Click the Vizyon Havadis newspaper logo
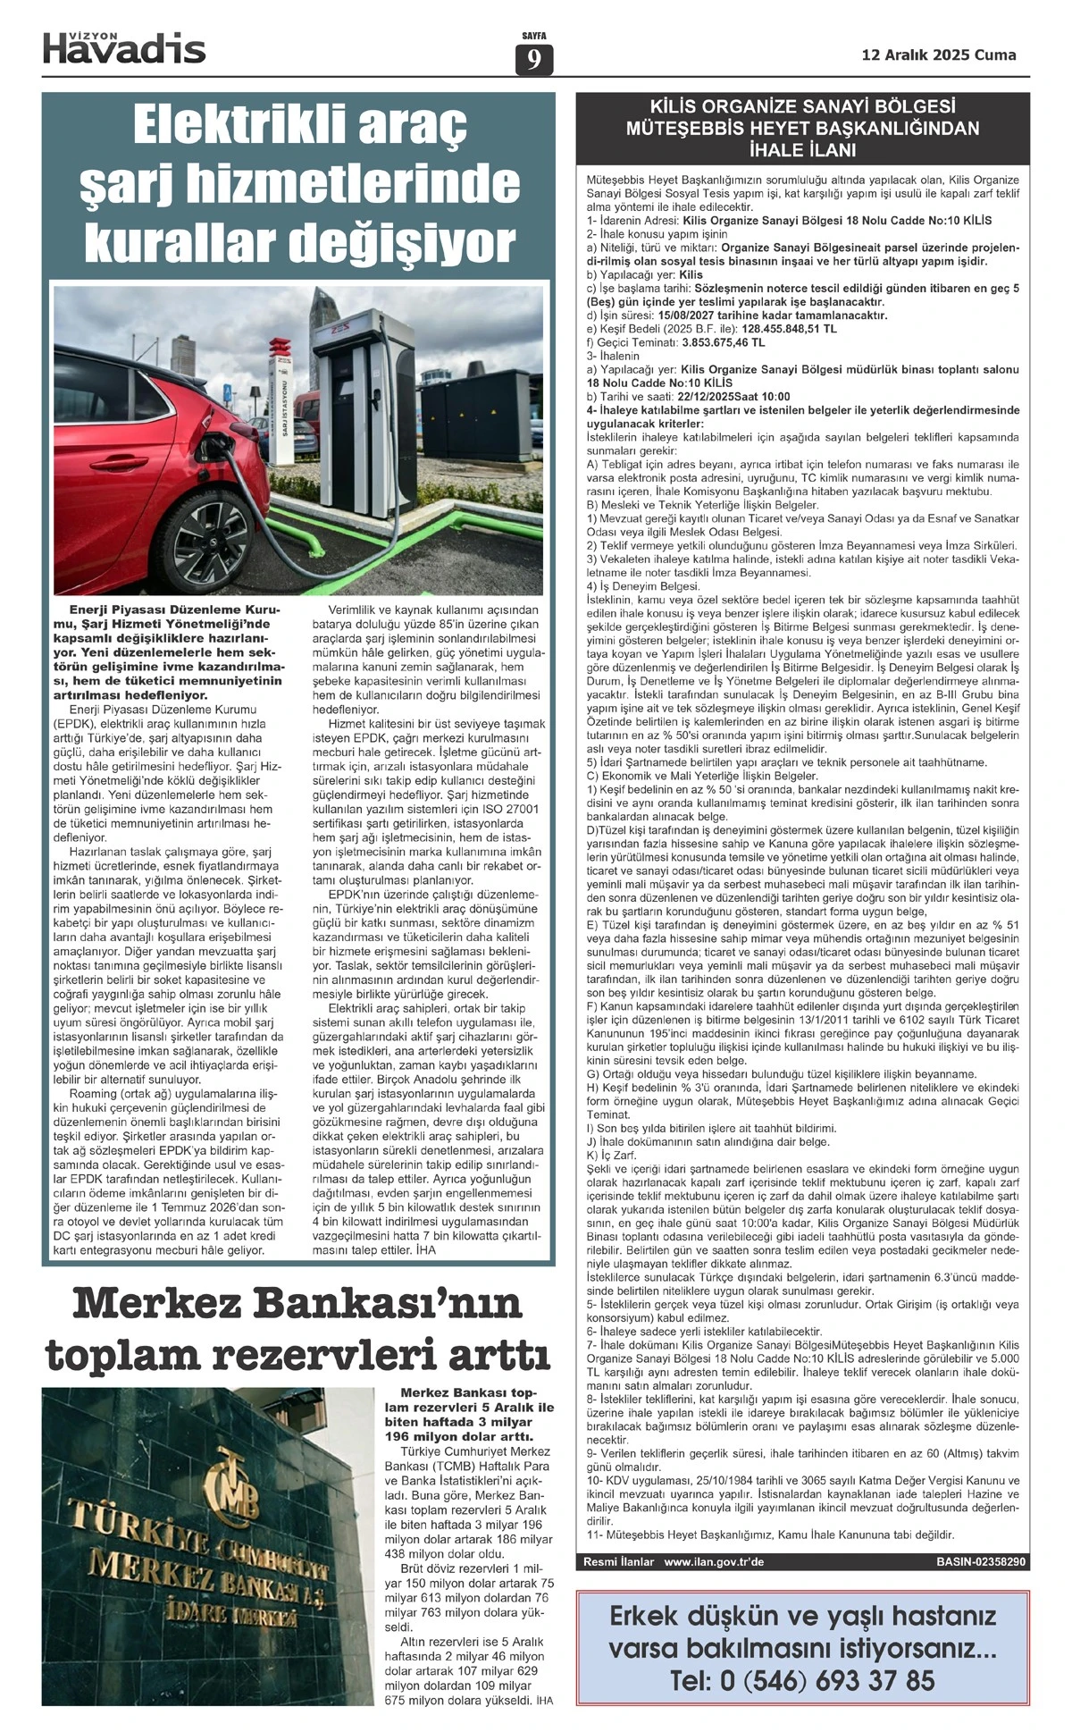point(124,47)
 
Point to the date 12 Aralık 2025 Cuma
point(939,55)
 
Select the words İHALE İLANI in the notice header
point(802,149)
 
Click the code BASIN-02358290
point(981,1562)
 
